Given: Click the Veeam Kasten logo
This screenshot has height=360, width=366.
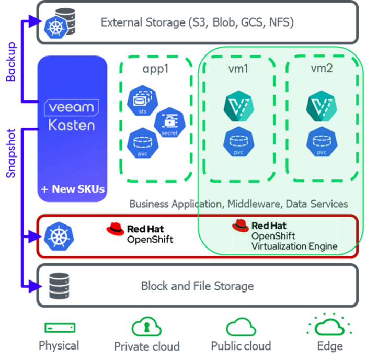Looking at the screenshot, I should (x=72, y=116).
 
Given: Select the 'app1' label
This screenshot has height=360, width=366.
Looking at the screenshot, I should (x=155, y=69).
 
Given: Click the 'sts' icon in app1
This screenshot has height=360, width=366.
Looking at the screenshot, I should (x=141, y=101).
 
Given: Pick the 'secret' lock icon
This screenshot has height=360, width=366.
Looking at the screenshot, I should (x=169, y=122).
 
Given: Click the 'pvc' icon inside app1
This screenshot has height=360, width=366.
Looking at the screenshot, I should (x=141, y=143).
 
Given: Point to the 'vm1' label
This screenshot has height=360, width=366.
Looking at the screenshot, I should (x=238, y=69).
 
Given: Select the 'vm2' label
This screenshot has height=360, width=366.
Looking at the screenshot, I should (x=322, y=69).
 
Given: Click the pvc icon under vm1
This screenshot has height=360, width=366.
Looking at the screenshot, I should (x=238, y=141).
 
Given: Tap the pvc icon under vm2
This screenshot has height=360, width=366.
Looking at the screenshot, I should (x=322, y=141).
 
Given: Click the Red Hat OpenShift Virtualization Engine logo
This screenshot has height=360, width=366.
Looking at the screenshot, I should (x=285, y=235).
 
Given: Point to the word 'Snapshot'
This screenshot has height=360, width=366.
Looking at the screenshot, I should (x=11, y=152).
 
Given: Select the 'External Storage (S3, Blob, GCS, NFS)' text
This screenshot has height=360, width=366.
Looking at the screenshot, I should (x=197, y=22).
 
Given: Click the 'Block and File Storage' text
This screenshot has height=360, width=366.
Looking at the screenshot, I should (x=198, y=286).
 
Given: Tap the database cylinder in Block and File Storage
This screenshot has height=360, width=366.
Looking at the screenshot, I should (x=56, y=286).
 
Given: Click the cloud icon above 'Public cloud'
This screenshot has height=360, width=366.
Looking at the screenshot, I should (x=241, y=327).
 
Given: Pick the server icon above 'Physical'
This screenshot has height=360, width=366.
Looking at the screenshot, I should (x=59, y=328).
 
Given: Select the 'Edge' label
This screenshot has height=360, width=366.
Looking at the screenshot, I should (x=329, y=346).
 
